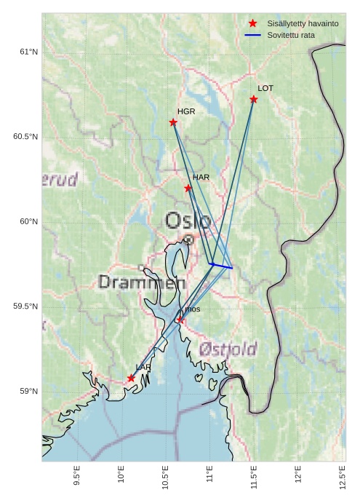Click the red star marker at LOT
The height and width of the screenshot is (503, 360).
tap(254, 99)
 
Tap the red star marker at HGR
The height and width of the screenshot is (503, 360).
tap(173, 122)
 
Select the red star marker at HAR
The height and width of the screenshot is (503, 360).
tap(188, 188)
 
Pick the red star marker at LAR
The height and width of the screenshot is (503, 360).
tap(131, 378)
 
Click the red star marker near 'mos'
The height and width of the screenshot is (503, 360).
tap(180, 320)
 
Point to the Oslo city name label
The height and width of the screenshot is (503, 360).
tap(188, 221)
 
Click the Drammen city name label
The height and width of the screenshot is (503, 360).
tap(142, 282)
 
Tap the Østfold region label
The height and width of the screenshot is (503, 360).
tap(228, 349)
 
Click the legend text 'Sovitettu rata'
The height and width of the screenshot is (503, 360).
tap(291, 35)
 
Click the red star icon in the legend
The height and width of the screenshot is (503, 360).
tap(252, 23)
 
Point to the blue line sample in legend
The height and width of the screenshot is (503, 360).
tap(252, 35)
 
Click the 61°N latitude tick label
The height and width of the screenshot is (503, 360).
tap(28, 52)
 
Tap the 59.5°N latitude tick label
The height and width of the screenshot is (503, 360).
tap(25, 306)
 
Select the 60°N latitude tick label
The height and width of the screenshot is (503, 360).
tap(28, 221)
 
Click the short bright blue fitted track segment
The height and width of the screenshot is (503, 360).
tap(221, 266)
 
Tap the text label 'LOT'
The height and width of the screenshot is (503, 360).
tap(265, 88)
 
